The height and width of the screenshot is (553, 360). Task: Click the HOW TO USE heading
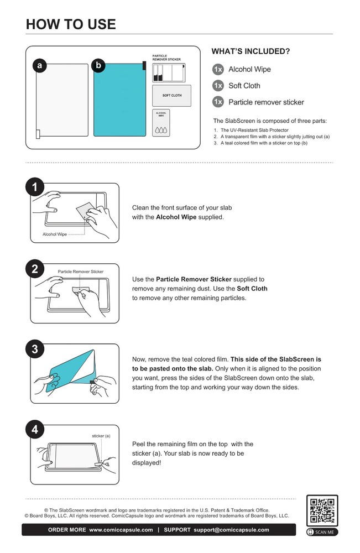[x=71, y=24]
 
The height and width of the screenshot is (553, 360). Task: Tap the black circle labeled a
[x=39, y=66]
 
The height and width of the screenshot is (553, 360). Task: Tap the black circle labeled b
[x=98, y=66]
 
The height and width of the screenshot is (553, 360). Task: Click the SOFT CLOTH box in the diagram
[x=172, y=96]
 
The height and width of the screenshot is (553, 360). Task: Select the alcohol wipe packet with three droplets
[x=161, y=123]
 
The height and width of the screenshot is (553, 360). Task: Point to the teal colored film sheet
[x=119, y=100]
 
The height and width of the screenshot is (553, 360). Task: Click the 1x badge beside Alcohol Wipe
[x=218, y=69]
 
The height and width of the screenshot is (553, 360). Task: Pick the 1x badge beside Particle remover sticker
[x=218, y=102]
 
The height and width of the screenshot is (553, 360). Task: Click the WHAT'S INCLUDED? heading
[x=251, y=51]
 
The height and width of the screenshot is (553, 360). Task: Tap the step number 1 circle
[x=34, y=187]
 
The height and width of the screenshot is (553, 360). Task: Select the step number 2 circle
[x=34, y=269]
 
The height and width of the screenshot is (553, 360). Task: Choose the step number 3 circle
[x=34, y=349]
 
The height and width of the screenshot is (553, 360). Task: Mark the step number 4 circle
[x=34, y=430]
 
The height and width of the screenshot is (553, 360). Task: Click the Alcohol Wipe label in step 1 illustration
[x=55, y=234]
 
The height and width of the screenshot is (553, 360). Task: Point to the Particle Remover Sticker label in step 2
[x=81, y=272]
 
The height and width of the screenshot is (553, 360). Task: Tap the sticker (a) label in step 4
[x=101, y=436]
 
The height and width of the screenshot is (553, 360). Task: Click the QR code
[x=322, y=510]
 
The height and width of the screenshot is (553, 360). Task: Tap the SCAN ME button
[x=322, y=532]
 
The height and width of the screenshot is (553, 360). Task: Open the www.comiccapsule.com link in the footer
[x=121, y=530]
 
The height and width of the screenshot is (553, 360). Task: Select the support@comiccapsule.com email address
[x=231, y=530]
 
